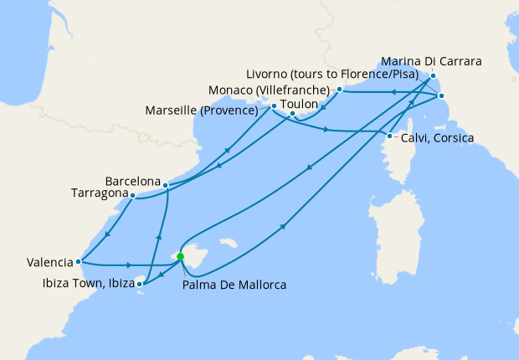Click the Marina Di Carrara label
(431, 62)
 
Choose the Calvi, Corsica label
(436, 137)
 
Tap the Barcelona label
(133, 181)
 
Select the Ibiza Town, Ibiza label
(86, 284)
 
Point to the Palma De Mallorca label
(234, 285)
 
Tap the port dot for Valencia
(78, 261)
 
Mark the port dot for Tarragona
(132, 195)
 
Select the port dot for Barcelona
(166, 184)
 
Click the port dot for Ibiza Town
(140, 285)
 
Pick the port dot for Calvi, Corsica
(390, 136)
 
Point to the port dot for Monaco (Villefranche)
(339, 88)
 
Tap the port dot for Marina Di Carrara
(434, 75)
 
